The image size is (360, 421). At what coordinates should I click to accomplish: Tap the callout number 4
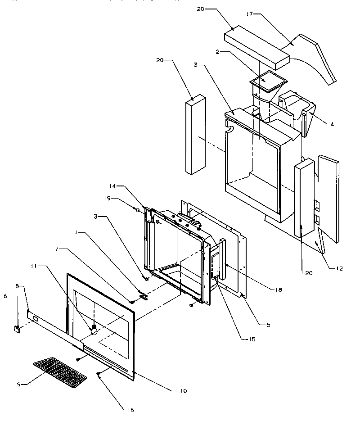[x=332, y=125]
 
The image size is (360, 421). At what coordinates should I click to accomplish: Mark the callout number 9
[x=19, y=384]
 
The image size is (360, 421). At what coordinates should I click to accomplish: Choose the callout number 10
[x=183, y=390]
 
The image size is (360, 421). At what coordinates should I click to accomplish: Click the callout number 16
[x=130, y=410]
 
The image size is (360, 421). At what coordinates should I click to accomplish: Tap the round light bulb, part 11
[x=94, y=330]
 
